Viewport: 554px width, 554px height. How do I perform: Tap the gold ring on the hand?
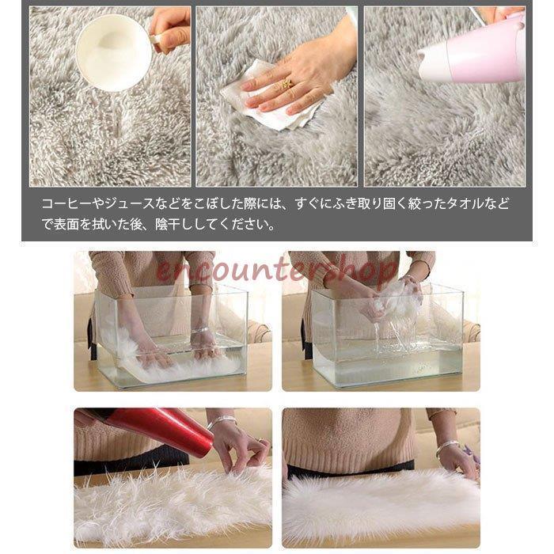click(x=286, y=83)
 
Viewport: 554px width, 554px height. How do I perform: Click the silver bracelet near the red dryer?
click(x=222, y=421)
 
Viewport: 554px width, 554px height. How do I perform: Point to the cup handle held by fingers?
click(x=158, y=39)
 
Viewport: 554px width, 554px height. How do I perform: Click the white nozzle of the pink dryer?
click(x=428, y=63)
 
